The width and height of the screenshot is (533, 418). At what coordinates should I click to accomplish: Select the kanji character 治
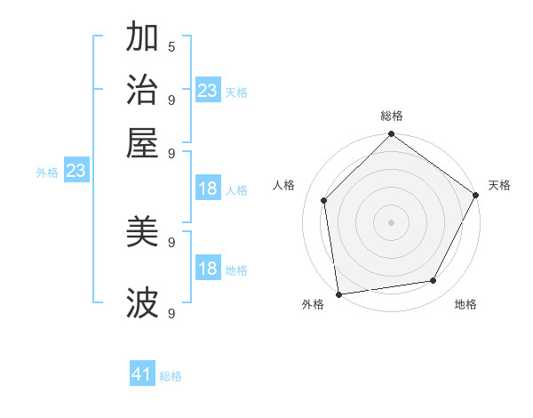142,90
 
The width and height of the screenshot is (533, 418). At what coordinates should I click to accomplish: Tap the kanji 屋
142,143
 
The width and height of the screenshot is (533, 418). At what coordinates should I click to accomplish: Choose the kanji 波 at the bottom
142,303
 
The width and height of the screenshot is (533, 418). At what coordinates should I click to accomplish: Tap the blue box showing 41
142,374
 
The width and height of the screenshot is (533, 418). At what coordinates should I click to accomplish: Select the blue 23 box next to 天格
207,90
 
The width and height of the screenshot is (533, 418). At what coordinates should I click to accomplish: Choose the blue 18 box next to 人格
207,189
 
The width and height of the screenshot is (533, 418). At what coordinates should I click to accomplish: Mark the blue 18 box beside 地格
207,269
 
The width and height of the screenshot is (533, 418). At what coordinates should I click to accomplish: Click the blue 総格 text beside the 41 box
171,376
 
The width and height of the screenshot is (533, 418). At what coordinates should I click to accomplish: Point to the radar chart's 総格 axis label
392,116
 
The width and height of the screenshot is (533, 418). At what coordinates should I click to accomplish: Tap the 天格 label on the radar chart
499,185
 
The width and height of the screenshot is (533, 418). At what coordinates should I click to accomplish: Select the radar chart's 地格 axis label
465,304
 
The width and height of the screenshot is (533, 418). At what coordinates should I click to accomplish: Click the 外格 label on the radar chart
313,304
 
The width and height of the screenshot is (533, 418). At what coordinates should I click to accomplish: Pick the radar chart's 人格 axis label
284,185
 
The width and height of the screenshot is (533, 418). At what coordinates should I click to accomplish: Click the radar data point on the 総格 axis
392,135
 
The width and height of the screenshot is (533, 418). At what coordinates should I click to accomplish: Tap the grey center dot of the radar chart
392,221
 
